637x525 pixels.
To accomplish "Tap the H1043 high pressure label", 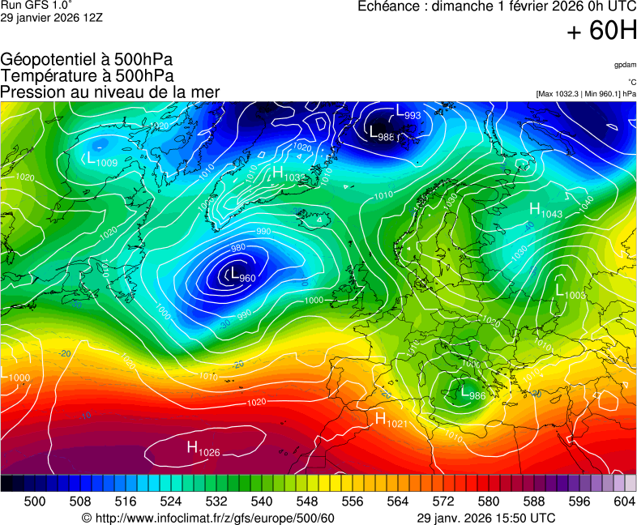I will (x=545, y=211).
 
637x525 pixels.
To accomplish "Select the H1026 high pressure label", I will (x=203, y=448).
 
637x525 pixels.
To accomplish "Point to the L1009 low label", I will (x=100, y=160).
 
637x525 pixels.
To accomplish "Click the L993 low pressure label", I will (x=408, y=113).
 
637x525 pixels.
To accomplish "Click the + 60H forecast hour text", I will (x=601, y=32).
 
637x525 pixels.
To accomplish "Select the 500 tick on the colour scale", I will (x=35, y=502).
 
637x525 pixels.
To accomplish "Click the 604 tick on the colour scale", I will (x=624, y=502).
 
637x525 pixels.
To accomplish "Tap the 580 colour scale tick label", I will (x=489, y=502).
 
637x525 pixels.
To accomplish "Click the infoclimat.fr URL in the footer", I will (x=208, y=518).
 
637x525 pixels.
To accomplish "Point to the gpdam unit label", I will (x=625, y=64).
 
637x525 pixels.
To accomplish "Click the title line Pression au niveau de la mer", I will (x=110, y=92).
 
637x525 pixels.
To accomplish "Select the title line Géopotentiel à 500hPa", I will (x=88, y=59).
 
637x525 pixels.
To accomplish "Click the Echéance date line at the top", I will (x=497, y=7).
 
